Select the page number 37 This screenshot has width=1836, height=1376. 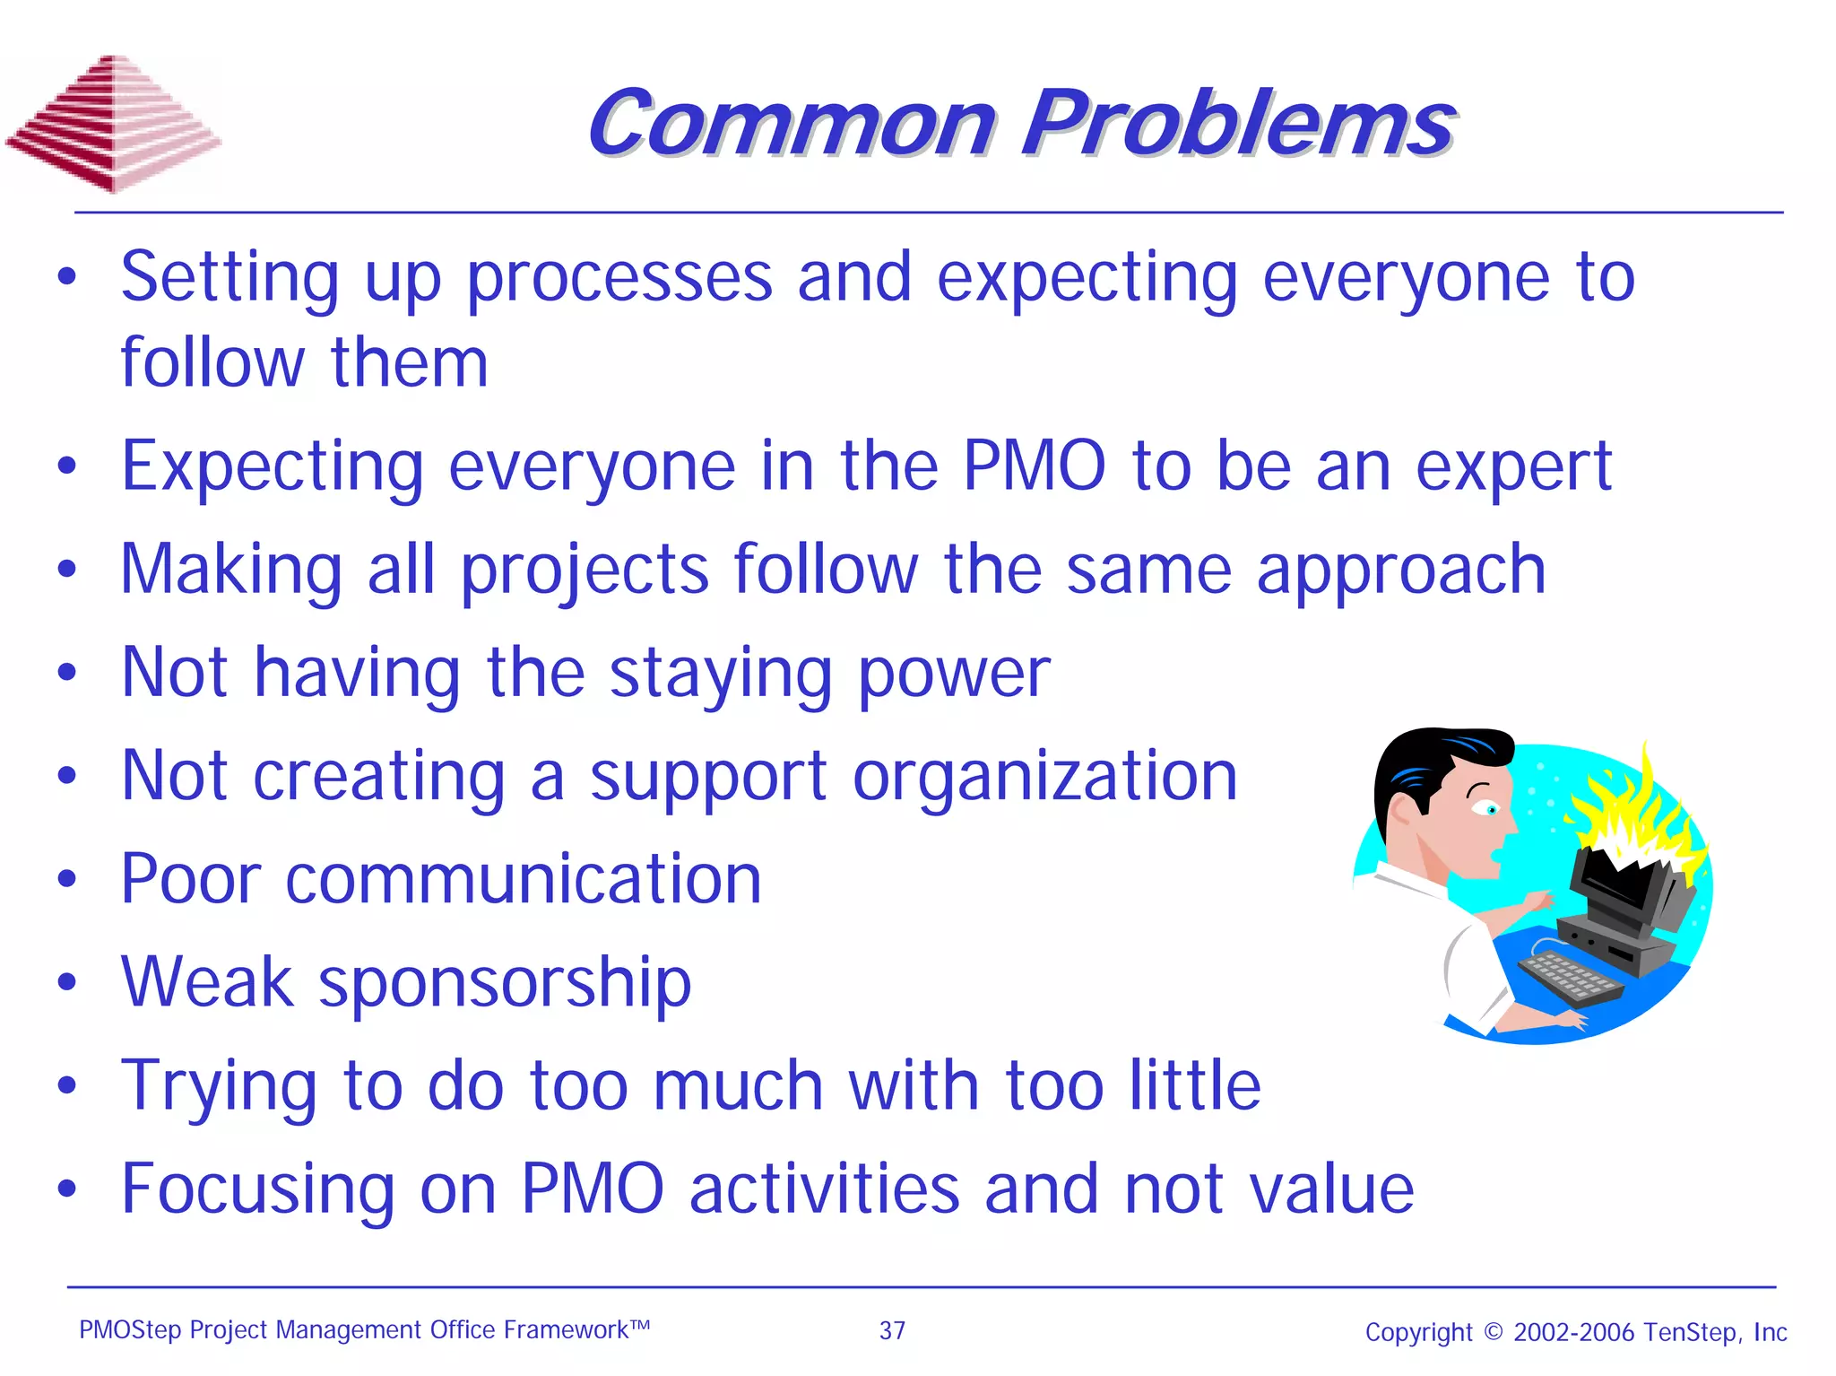(x=892, y=1330)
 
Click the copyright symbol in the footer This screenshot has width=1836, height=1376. (x=1493, y=1331)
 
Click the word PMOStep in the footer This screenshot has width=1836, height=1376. (x=130, y=1329)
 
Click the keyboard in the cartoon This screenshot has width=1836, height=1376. (x=1570, y=979)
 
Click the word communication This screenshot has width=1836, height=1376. (x=524, y=879)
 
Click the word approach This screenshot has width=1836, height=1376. (x=1401, y=570)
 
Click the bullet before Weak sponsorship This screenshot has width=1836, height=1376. (x=67, y=982)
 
